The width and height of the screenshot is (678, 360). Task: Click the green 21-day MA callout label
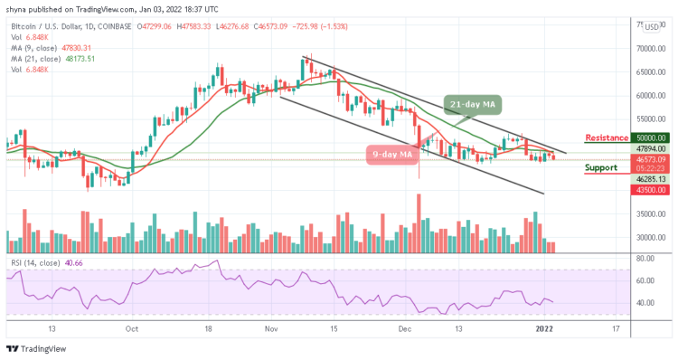(475, 105)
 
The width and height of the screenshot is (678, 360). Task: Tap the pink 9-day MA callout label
(393, 154)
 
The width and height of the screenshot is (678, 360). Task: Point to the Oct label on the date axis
(133, 329)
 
